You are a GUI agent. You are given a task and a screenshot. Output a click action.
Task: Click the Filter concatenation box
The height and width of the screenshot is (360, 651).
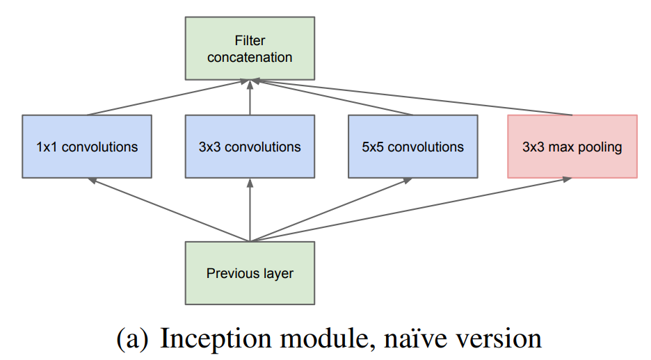pyautogui.click(x=249, y=49)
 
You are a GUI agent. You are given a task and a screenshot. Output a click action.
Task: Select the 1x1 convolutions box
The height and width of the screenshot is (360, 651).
pyautogui.click(x=87, y=147)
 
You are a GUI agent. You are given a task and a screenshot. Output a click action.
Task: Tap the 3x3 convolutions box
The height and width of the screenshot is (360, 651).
pyautogui.click(x=249, y=147)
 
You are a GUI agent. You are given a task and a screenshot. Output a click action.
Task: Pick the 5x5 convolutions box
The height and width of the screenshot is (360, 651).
pyautogui.click(x=412, y=147)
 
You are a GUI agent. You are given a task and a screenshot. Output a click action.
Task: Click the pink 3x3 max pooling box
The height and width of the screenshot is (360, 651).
pyautogui.click(x=572, y=147)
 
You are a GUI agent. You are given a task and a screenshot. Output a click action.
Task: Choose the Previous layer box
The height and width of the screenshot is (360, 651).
pyautogui.click(x=249, y=273)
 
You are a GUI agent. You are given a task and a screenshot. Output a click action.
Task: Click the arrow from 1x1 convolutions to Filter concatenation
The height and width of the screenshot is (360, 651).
pyautogui.click(x=167, y=97)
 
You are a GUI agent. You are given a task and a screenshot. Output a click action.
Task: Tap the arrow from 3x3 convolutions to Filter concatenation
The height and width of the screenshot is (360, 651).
pyautogui.click(x=249, y=97)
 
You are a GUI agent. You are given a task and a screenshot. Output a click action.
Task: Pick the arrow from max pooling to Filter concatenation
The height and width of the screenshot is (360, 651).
pyautogui.click(x=410, y=97)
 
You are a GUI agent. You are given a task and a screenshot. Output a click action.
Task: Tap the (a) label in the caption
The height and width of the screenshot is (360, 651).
pyautogui.click(x=131, y=339)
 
